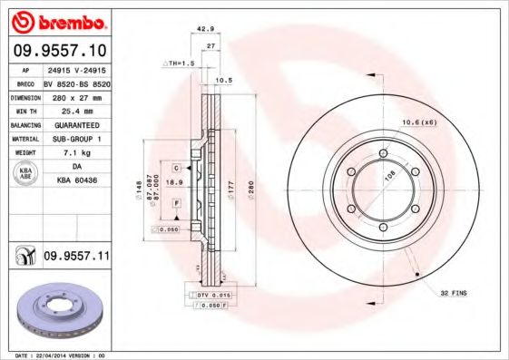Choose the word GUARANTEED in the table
point(75,124)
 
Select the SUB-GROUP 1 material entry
point(75,139)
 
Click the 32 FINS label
point(454,294)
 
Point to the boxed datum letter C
point(175,168)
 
